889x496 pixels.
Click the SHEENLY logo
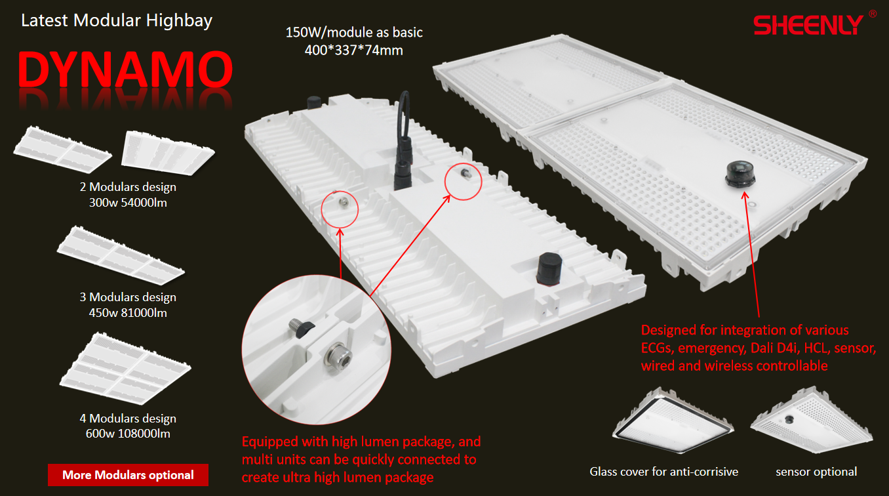pos(808,25)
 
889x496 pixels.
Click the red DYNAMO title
pos(125,70)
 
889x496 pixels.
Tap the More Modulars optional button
pos(128,475)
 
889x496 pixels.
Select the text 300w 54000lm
pos(128,203)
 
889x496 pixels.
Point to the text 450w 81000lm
pos(128,313)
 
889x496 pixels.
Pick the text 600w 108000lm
pos(128,434)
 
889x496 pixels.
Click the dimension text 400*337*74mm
pos(353,49)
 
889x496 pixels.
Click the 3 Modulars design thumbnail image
pos(121,253)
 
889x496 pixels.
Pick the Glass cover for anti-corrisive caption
pos(663,472)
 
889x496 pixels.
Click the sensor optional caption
pos(816,472)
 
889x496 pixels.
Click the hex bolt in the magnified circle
pos(338,357)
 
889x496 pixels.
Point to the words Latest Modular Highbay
pos(117,20)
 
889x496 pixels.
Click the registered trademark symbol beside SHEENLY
pos(872,13)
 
